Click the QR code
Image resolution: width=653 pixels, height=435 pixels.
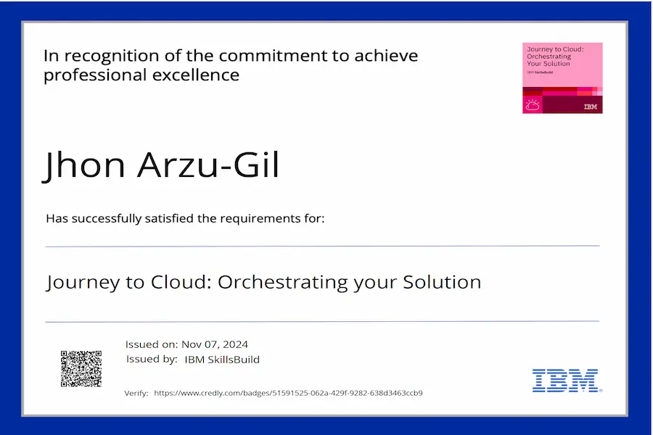click(x=81, y=369)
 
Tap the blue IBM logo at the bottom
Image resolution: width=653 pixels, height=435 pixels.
click(x=567, y=381)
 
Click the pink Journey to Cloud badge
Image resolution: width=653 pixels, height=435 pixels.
click(x=562, y=78)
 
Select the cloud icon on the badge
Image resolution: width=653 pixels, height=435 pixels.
click(x=533, y=105)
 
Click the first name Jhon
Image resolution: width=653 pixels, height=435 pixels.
click(x=84, y=165)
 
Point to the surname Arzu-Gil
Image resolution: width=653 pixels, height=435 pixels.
click(x=208, y=165)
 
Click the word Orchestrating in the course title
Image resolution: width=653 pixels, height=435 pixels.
click(x=282, y=282)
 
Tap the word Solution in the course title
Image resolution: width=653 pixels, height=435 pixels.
click(x=442, y=282)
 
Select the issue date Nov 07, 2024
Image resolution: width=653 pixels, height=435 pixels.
click(x=215, y=344)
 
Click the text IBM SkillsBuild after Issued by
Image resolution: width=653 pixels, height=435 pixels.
click(x=222, y=360)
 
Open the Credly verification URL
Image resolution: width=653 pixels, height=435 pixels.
click(x=288, y=393)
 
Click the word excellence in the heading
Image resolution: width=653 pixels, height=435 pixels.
click(x=196, y=75)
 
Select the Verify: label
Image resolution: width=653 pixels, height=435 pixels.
click(x=136, y=393)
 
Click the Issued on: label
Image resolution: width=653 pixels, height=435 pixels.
click(x=152, y=344)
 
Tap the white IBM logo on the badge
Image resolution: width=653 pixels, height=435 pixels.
click(x=590, y=107)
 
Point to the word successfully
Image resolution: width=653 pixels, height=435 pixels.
click(x=107, y=218)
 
